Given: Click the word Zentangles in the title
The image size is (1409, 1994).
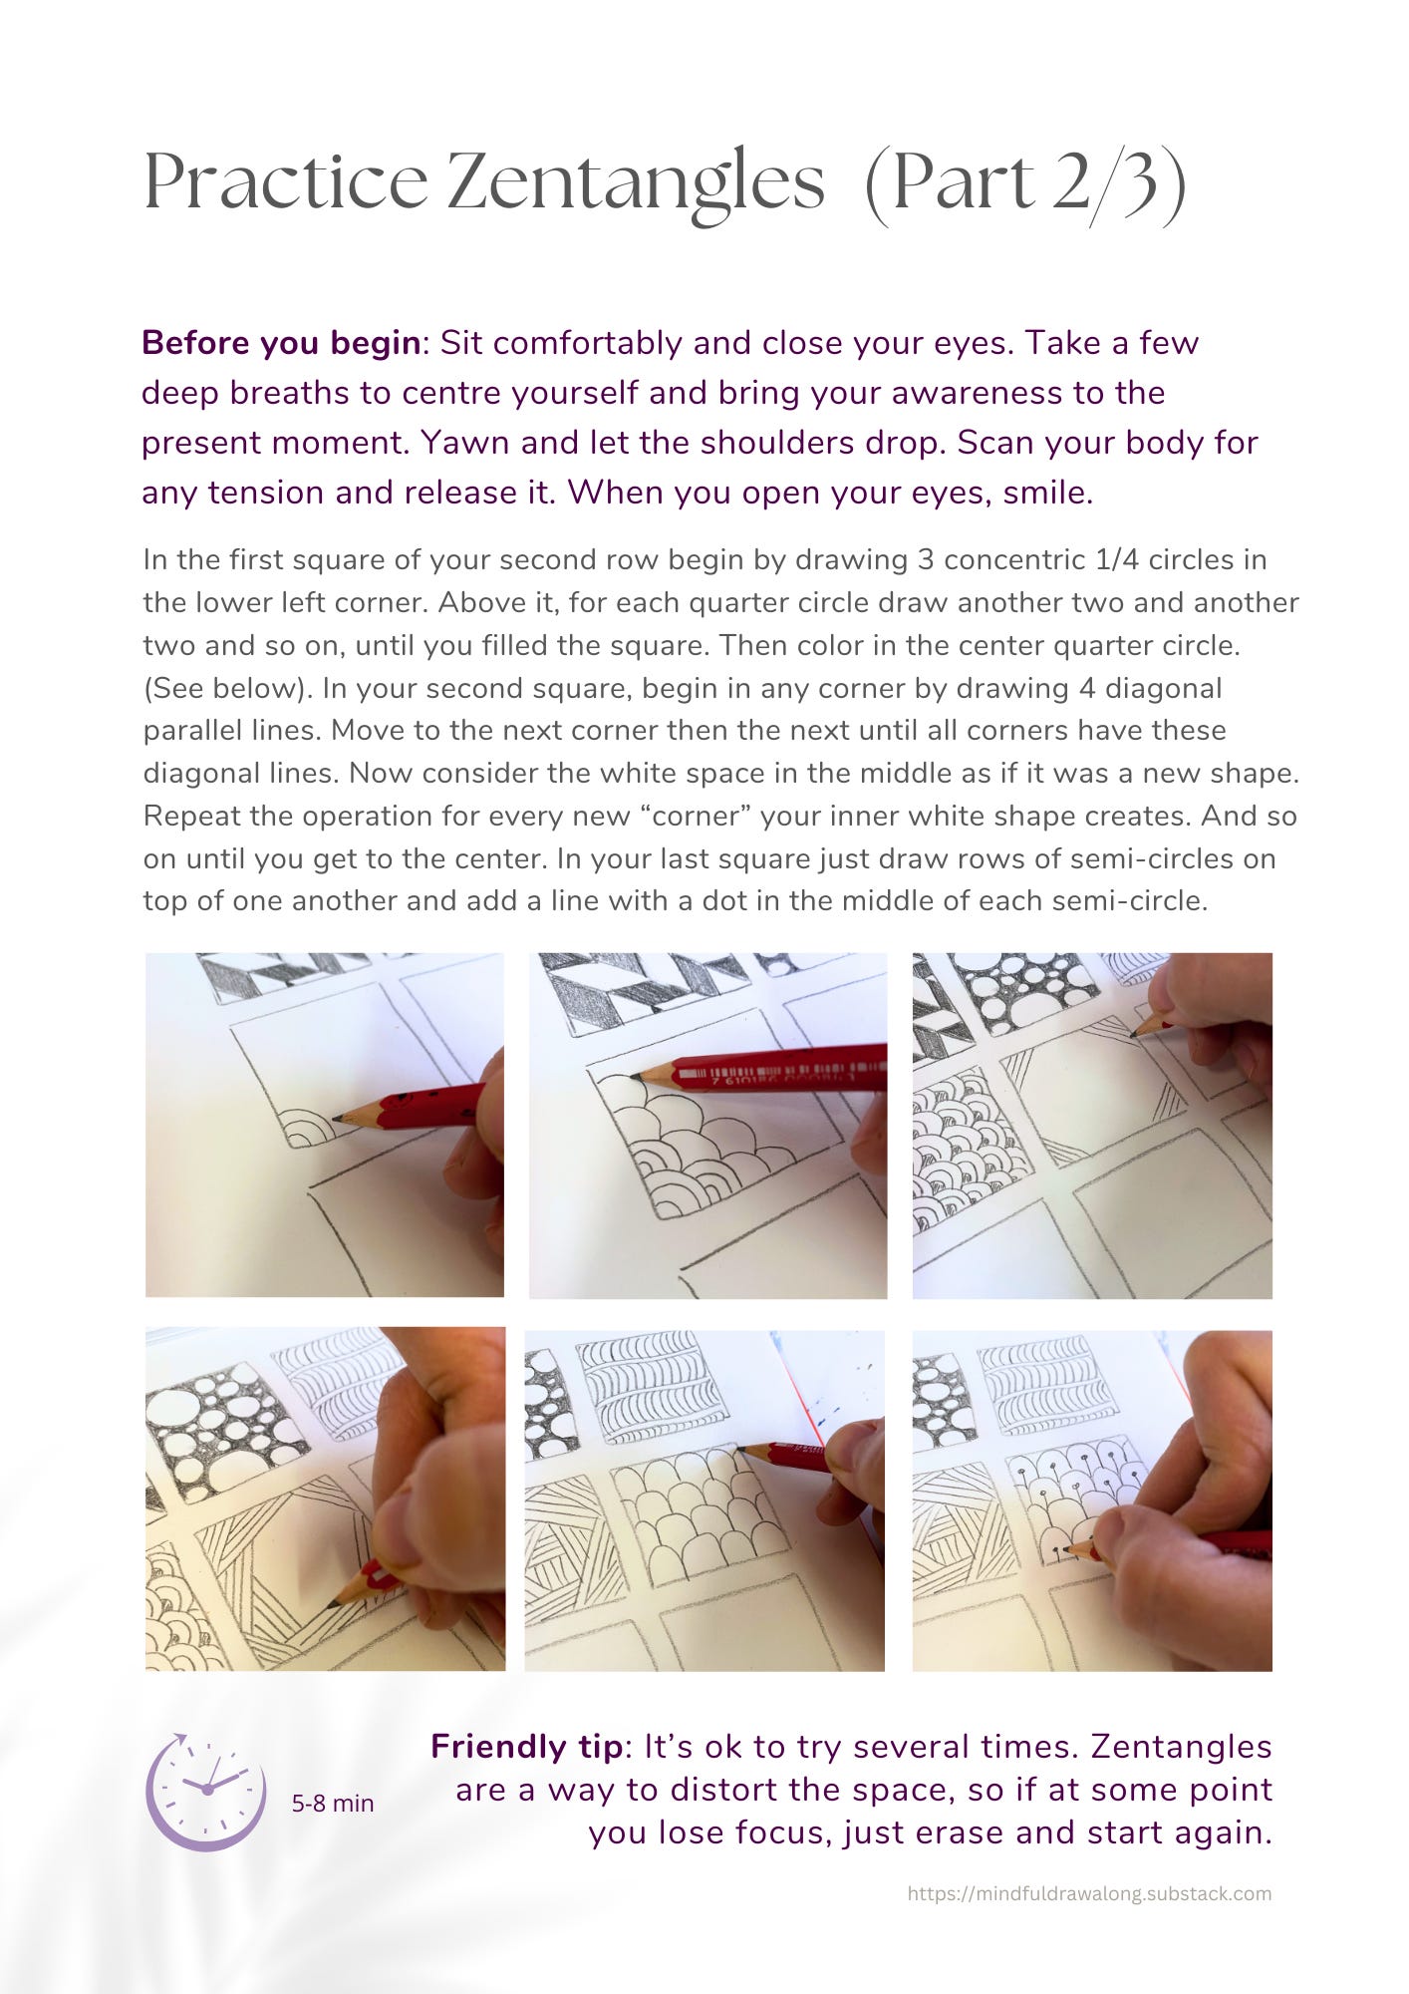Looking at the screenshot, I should [x=636, y=182].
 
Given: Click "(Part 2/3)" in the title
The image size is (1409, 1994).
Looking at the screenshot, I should [x=1025, y=182].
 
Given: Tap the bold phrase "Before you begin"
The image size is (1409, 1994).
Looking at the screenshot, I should [x=281, y=343].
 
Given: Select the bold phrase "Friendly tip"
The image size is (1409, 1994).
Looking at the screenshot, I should [x=526, y=1747].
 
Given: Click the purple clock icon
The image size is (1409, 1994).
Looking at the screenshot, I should [x=206, y=1792].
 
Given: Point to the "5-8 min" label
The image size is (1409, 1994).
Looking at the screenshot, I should [x=333, y=1804].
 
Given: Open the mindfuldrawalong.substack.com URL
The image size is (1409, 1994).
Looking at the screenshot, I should [x=1089, y=1893].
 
